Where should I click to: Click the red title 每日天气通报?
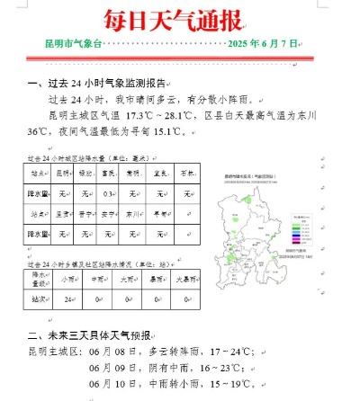(180, 17)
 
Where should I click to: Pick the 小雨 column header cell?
(69, 278)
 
